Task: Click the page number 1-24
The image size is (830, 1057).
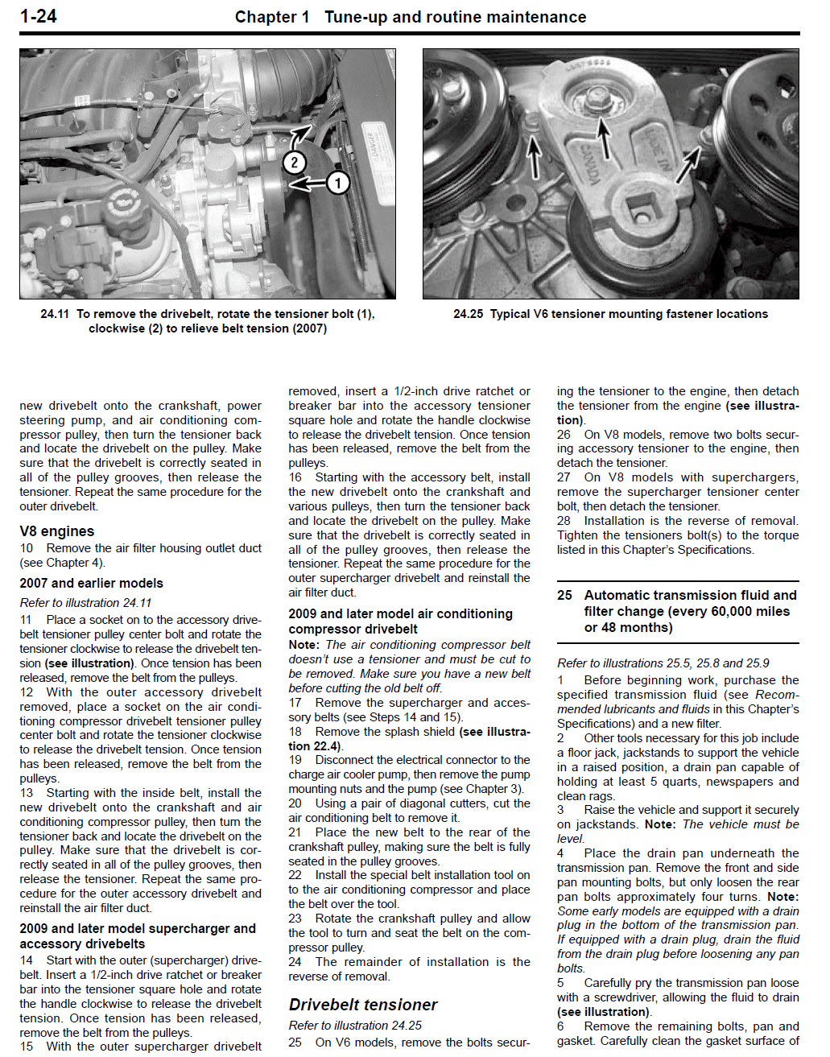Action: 38,16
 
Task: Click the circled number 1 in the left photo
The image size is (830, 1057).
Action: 338,183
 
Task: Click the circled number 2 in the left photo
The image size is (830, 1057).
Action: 295,162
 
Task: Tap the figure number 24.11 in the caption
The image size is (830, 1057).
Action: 55,314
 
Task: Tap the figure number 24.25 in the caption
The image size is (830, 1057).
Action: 468,314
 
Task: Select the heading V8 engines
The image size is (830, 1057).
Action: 57,531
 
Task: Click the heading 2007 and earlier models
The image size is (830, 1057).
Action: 91,583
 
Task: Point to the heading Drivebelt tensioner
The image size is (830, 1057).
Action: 363,1005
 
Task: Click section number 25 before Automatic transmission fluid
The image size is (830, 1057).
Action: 564,595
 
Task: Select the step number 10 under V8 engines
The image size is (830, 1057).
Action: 27,548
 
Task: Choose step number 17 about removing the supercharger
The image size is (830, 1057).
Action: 295,703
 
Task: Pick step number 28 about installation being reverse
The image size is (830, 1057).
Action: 564,521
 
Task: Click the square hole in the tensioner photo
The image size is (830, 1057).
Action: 642,217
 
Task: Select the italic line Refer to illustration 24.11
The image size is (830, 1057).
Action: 85,602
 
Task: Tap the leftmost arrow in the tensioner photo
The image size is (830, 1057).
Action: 534,157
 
